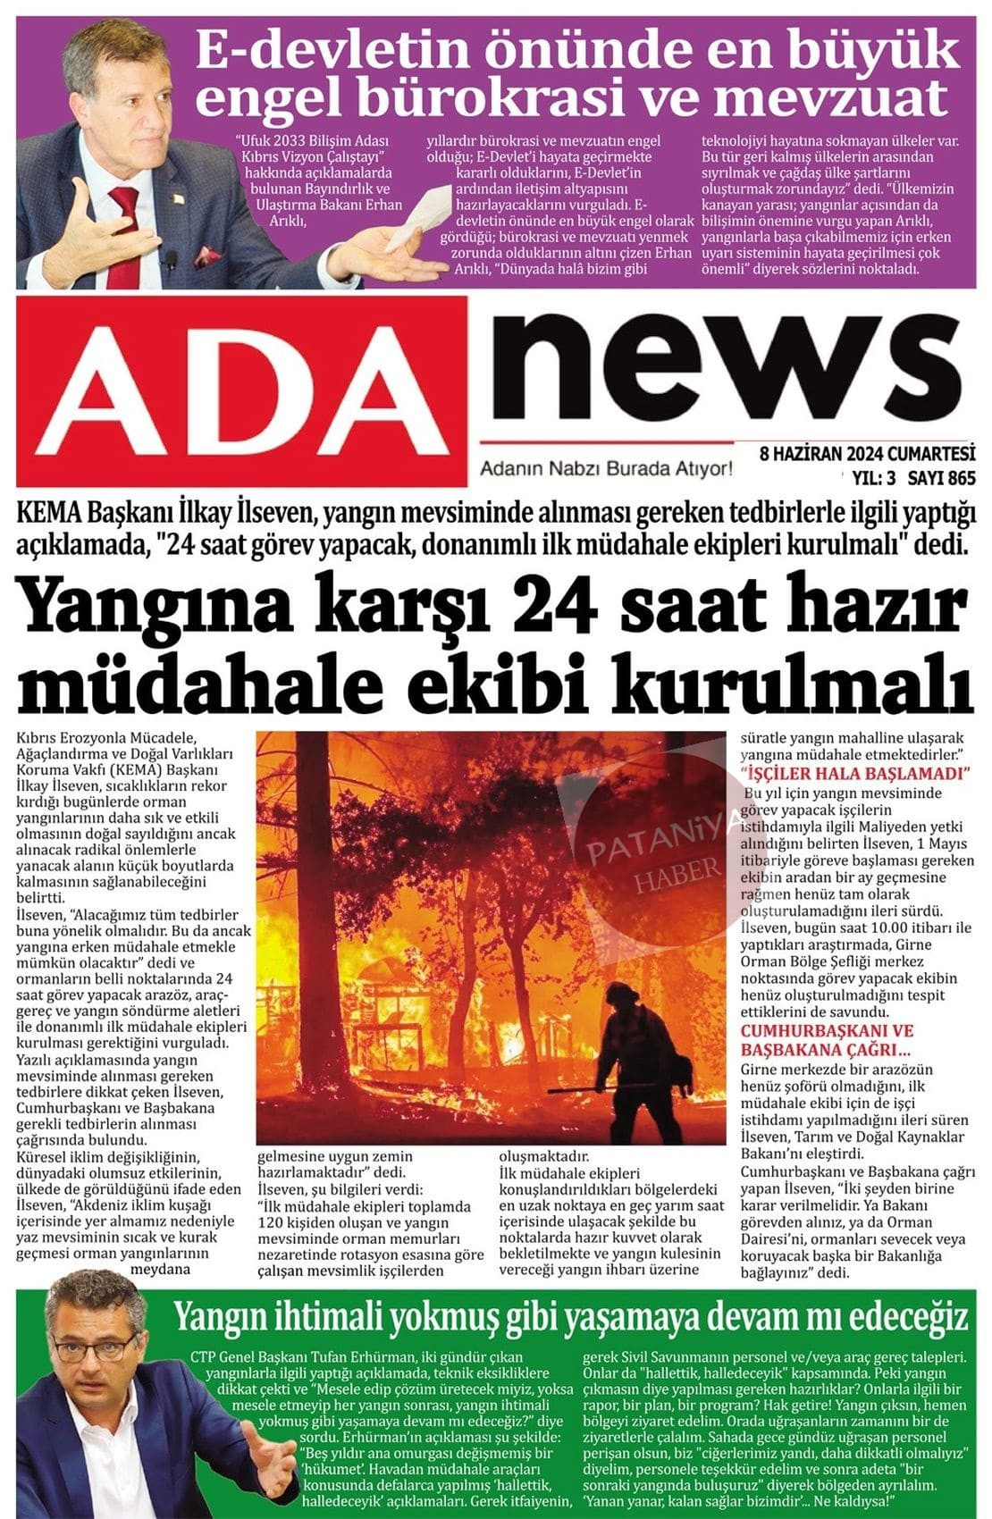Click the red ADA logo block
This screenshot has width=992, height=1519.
pyautogui.click(x=243, y=391)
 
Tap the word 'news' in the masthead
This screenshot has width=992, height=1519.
pyautogui.click(x=722, y=373)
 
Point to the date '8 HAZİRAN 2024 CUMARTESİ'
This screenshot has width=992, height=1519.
pyautogui.click(x=866, y=453)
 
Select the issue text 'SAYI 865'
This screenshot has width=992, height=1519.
pyautogui.click(x=941, y=478)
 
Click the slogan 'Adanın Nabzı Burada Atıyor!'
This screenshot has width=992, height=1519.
pyautogui.click(x=606, y=469)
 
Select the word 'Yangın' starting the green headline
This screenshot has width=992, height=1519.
pyautogui.click(x=218, y=1316)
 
